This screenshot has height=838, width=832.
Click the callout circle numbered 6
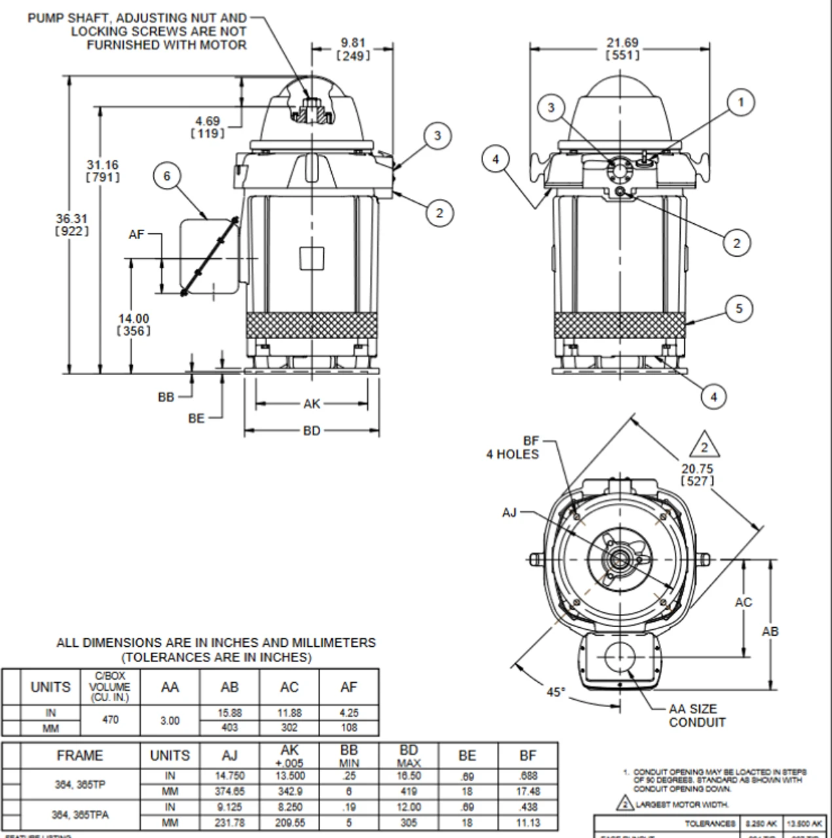167,175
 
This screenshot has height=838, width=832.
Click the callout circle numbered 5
739,308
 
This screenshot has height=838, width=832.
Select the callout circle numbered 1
740,102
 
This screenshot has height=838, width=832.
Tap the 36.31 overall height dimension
71,225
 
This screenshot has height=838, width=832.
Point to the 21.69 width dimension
622,48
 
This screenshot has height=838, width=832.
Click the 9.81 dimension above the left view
353,49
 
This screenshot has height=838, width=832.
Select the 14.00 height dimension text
134,325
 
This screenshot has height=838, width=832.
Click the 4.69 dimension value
208,127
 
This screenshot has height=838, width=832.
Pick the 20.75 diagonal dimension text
697,475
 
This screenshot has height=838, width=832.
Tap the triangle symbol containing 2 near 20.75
704,447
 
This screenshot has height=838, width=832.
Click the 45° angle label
556,691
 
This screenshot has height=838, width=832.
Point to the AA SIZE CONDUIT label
697,716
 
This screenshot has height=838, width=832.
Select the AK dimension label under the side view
312,404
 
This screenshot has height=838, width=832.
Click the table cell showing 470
111,720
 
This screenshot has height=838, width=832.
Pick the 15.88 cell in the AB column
229,712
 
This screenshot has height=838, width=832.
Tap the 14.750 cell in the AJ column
229,776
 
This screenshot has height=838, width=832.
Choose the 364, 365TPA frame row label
80,815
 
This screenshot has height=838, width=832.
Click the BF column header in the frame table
528,756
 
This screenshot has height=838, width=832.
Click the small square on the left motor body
312,258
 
